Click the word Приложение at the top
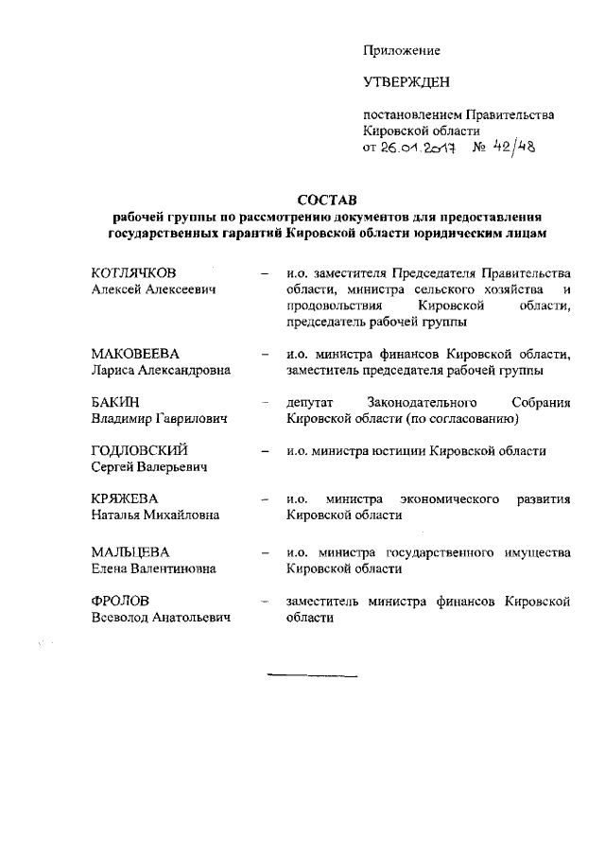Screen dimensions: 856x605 coord(402,49)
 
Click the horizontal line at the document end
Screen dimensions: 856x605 coord(313,677)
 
